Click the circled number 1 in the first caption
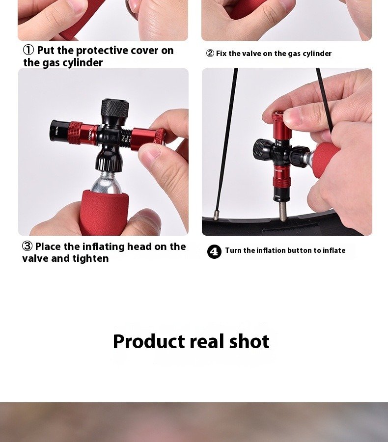point(28,50)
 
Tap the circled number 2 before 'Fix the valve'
point(210,53)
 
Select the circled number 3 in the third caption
point(28,246)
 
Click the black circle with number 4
point(214,251)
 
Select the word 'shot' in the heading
point(249,341)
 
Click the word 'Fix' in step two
point(222,53)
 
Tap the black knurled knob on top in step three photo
point(115,108)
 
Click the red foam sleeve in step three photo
point(105,212)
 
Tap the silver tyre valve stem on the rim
point(282,211)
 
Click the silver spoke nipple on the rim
point(216,215)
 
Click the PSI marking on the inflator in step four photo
point(279,144)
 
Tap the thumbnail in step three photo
point(150,154)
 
